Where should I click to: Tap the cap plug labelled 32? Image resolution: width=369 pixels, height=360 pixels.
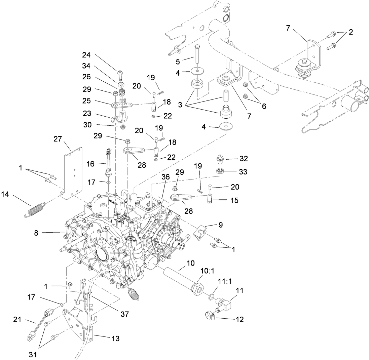point(220,158)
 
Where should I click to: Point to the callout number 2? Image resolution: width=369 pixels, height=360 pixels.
point(351,32)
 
